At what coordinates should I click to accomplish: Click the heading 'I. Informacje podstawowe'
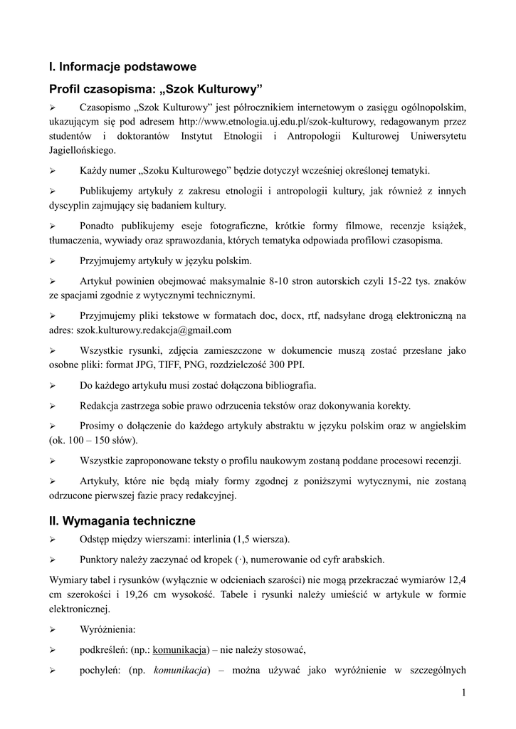pyautogui.click(x=122, y=67)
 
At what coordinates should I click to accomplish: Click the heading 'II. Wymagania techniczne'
pyautogui.click(x=122, y=521)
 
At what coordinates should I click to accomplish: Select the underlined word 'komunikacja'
pyautogui.click(x=179, y=649)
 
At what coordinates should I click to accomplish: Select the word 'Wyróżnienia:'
pyautogui.click(x=107, y=629)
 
